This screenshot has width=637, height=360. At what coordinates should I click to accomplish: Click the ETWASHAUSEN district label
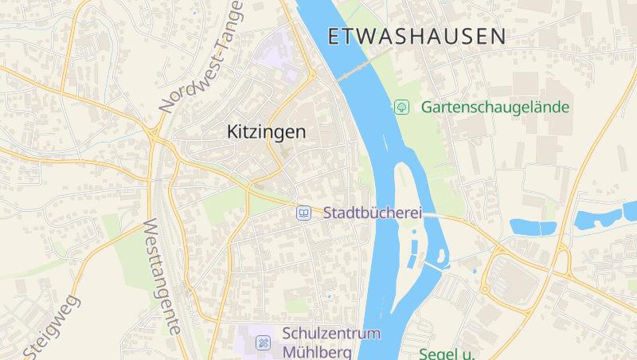pos(416,36)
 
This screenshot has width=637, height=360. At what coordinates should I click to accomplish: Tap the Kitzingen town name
pos(266,132)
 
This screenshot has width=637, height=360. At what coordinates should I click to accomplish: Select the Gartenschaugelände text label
pos(495,106)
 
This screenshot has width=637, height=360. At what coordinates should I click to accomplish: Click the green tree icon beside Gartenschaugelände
pos(402,106)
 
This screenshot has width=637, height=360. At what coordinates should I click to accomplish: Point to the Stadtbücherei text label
pos(372,213)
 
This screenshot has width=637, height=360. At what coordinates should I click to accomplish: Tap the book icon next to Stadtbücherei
pos(303,213)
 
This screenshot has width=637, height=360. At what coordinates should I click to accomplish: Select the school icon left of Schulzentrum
pos(262,343)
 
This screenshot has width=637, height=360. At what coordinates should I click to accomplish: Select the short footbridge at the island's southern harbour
pos(433,264)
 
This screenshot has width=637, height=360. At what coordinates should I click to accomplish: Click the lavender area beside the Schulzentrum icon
pos(246,341)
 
